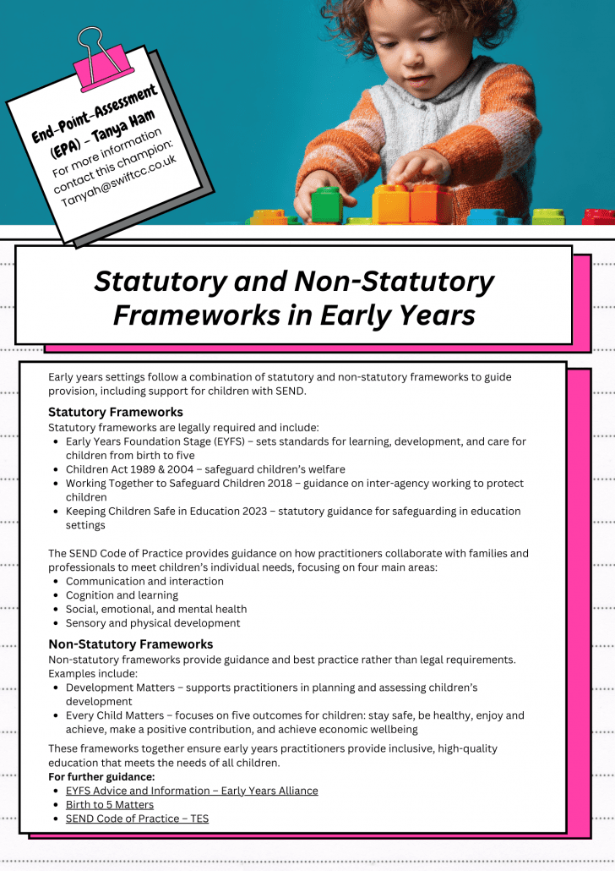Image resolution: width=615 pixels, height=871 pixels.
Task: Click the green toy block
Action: pyautogui.click(x=325, y=205)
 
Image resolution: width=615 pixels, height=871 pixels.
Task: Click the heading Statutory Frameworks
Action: pyautogui.click(x=115, y=413)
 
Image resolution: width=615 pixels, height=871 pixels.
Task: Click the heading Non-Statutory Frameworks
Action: pyautogui.click(x=130, y=644)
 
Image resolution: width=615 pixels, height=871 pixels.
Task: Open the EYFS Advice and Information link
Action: pyautogui.click(x=192, y=791)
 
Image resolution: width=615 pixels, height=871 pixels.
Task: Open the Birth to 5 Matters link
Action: pyautogui.click(x=110, y=805)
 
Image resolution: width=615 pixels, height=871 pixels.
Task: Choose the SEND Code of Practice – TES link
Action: pyautogui.click(x=137, y=819)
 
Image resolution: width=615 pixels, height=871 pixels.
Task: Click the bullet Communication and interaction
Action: pyautogui.click(x=144, y=582)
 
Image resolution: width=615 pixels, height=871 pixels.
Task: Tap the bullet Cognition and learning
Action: pyautogui.click(x=122, y=595)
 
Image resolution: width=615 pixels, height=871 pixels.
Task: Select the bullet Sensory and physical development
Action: pyautogui.click(x=153, y=623)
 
